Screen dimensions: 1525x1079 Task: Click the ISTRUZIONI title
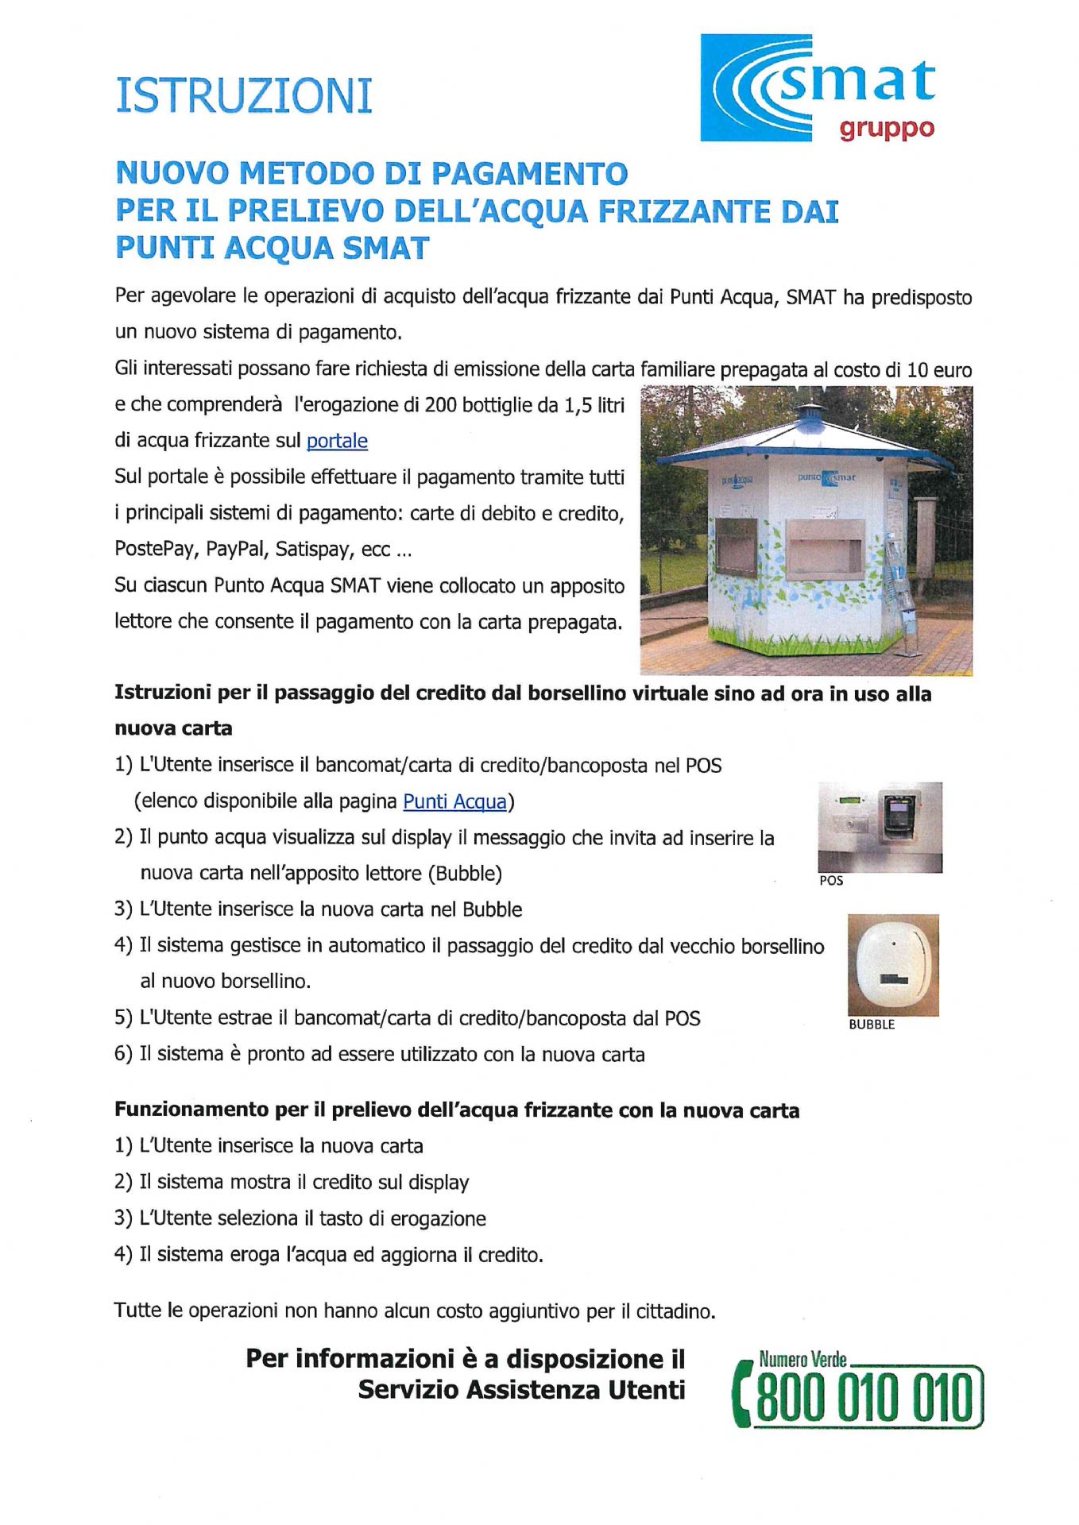pos(244,96)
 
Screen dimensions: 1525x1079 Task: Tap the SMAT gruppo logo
pos(818,87)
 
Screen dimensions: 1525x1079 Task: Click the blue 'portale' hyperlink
pos(337,441)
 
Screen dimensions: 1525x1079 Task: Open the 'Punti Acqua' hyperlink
pos(454,801)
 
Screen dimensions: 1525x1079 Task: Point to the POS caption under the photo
pos(831,881)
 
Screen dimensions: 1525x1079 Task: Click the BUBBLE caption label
pos(872,1025)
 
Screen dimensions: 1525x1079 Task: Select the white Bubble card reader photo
pos(893,965)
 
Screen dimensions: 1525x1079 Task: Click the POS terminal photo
pos(880,827)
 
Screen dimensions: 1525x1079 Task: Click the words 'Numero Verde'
pos(802,1360)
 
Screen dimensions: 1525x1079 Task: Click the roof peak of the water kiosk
pos(810,410)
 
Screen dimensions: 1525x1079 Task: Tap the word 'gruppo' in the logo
pos(887,129)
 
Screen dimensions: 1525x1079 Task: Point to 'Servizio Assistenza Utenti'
pos(521,1391)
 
